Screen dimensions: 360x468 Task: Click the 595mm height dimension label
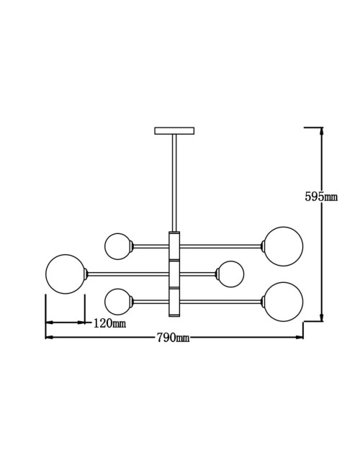pos(321,197)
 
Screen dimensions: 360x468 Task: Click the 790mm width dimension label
pos(173,337)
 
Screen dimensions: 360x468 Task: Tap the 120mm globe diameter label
pos(110,323)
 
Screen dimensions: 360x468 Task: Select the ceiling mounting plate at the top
pos(174,130)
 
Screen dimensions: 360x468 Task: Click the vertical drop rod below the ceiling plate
pos(174,183)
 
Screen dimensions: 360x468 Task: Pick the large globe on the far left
pos(66,274)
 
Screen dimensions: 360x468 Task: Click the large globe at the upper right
pos(283,246)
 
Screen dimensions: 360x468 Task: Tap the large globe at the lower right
pos(283,302)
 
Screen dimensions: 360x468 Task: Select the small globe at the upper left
pos(118,246)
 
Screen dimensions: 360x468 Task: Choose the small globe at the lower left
pos(118,302)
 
